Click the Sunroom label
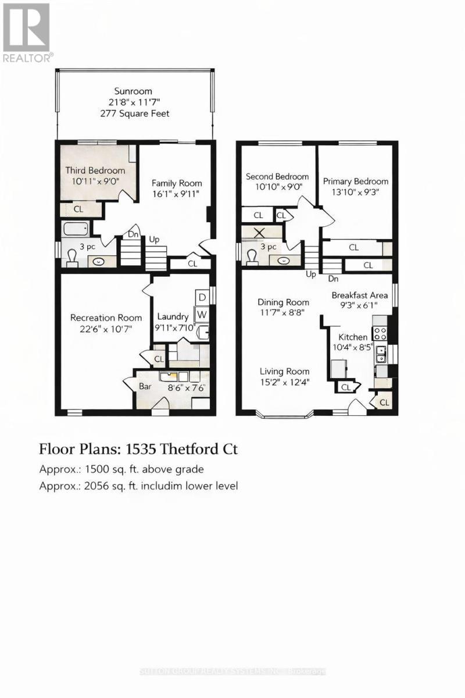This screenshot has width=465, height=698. coord(133,91)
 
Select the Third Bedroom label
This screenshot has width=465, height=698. coord(95,170)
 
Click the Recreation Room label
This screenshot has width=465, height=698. coord(106,318)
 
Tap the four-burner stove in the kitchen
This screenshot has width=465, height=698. coord(380,333)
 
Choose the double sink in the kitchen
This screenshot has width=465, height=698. coord(382,351)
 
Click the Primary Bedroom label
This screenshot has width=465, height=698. coord(356,181)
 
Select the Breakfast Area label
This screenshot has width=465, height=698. coord(359,295)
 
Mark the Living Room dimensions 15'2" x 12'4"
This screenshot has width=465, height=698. coord(284,383)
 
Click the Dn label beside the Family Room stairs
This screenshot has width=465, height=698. coord(133,235)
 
